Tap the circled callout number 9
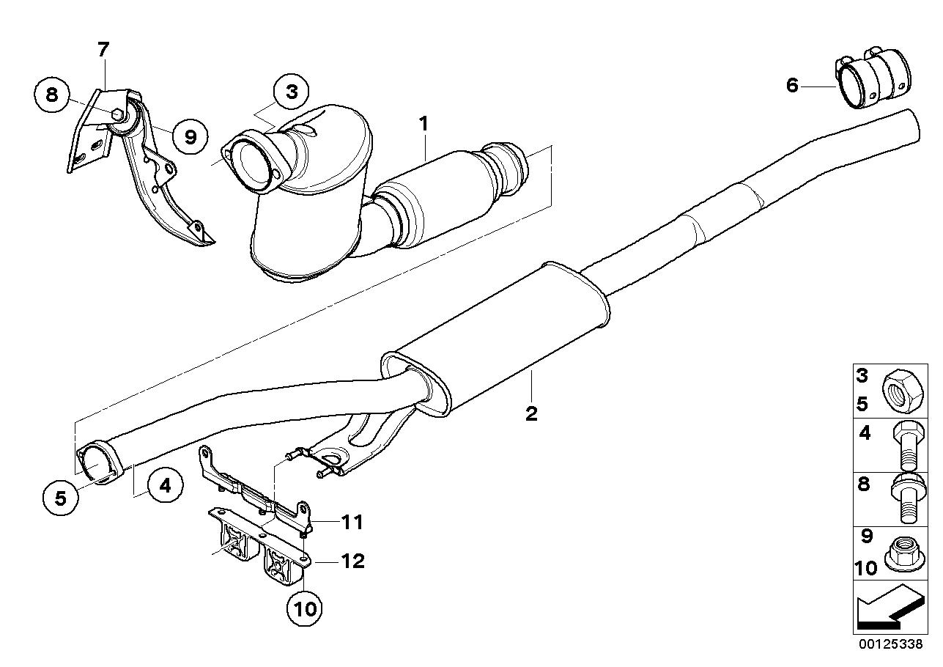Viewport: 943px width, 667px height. pyautogui.click(x=191, y=137)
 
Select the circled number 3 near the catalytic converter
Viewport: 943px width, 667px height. pyautogui.click(x=292, y=92)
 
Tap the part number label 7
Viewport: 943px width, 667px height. pyautogui.click(x=103, y=50)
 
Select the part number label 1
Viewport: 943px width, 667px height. pyautogui.click(x=423, y=125)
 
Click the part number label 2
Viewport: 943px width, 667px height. pyautogui.click(x=531, y=413)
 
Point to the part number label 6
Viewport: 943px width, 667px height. pyautogui.click(x=792, y=85)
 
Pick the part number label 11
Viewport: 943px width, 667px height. pyautogui.click(x=353, y=523)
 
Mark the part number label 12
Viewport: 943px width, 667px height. pyautogui.click(x=353, y=561)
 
